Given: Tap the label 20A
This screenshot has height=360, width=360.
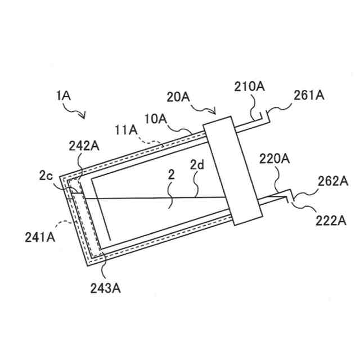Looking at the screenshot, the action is (x=178, y=97).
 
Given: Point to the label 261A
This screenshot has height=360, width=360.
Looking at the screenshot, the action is (x=309, y=96).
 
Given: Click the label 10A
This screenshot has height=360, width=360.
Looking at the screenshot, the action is (x=156, y=119).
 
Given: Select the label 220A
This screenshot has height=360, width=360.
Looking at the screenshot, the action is (x=274, y=160).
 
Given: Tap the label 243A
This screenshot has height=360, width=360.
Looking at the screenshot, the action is (x=105, y=289).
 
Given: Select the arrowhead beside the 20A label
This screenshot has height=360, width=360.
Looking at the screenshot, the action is (x=217, y=111).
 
